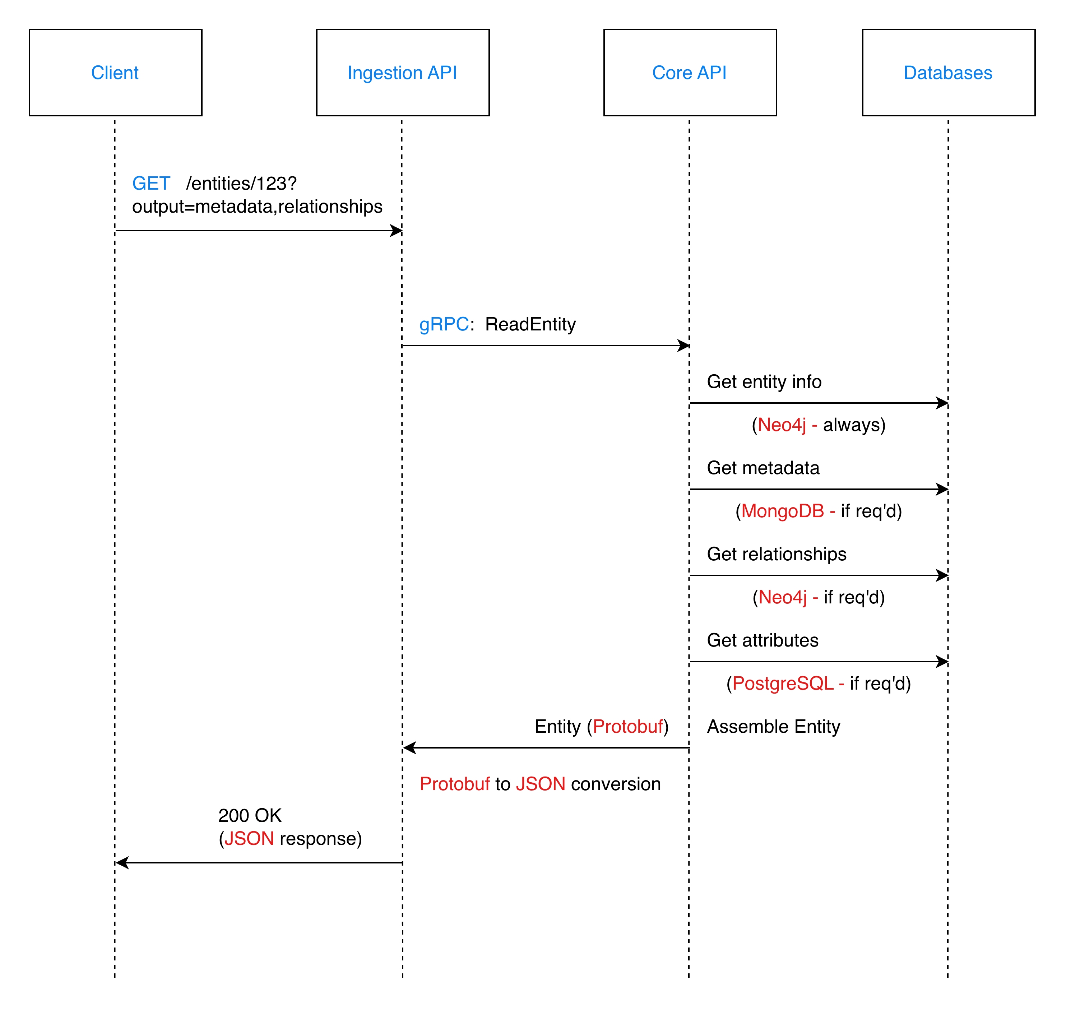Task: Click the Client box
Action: coord(115,72)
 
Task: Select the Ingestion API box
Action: coord(402,72)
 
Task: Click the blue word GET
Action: coord(151,184)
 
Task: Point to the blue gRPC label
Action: coord(444,324)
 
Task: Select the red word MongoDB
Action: coord(782,511)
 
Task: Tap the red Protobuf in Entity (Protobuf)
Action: coord(628,726)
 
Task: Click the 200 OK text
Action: coord(250,815)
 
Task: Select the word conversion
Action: coord(615,784)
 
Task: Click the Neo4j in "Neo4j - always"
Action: coord(781,425)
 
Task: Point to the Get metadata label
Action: coord(763,468)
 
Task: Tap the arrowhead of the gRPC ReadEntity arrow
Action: coord(684,346)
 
